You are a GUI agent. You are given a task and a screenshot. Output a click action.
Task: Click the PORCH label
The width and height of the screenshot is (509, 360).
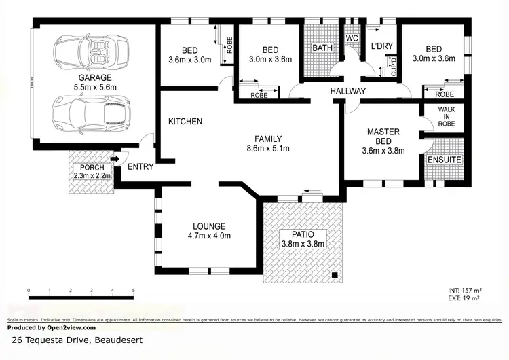[x=91, y=168]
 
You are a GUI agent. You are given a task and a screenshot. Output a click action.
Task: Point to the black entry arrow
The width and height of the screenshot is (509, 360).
[x=115, y=160]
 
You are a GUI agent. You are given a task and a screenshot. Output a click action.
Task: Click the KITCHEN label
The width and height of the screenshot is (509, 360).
[x=185, y=122]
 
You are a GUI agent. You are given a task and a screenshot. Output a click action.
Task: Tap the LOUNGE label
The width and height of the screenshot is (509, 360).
[x=208, y=226]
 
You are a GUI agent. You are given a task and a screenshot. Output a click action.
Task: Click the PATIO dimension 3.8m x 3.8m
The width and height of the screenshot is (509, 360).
[x=303, y=243]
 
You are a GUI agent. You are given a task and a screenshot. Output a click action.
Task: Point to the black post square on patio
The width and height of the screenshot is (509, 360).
[x=335, y=275]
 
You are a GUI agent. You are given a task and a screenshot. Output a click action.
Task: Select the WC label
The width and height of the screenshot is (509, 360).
[x=352, y=39]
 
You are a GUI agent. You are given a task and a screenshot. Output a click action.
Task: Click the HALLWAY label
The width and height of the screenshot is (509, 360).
[x=348, y=91]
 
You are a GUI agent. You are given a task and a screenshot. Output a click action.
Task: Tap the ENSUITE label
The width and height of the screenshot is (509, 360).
[x=445, y=160]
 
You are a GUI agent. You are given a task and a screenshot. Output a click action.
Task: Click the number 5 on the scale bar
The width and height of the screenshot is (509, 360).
[x=134, y=291]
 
